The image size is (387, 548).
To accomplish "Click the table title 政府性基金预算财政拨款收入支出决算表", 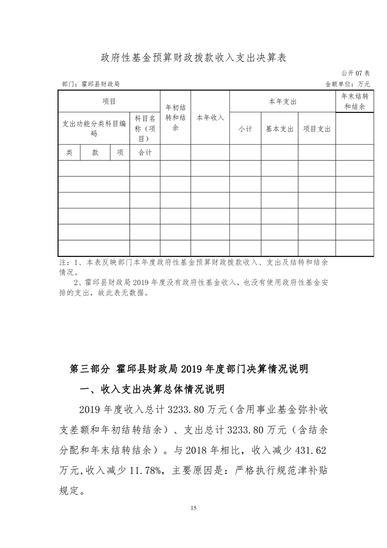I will pyautogui.click(x=193, y=58).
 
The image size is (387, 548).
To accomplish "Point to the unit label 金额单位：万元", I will pyautogui.click(x=347, y=84).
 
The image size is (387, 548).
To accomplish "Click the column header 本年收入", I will pyautogui.click(x=210, y=118).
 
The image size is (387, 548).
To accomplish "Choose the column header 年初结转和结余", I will pyautogui.click(x=175, y=117).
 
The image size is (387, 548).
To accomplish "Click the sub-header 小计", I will pyautogui.click(x=245, y=129).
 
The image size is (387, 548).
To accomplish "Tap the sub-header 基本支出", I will pyautogui.click(x=279, y=129).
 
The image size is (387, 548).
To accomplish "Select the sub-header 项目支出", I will pyautogui.click(x=317, y=129).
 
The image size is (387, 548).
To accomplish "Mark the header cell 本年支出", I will pyautogui.click(x=283, y=102).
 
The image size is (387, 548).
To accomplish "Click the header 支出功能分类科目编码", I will pyautogui.click(x=94, y=128).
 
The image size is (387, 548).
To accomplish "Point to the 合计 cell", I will pyautogui.click(x=145, y=152).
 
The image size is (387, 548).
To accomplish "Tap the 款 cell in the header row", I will pyautogui.click(x=95, y=152).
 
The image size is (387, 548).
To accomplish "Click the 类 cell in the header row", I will pyautogui.click(x=69, y=152).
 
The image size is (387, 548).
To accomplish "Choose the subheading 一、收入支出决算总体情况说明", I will pyautogui.click(x=152, y=389).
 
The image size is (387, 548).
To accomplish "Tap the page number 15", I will pyautogui.click(x=193, y=508).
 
